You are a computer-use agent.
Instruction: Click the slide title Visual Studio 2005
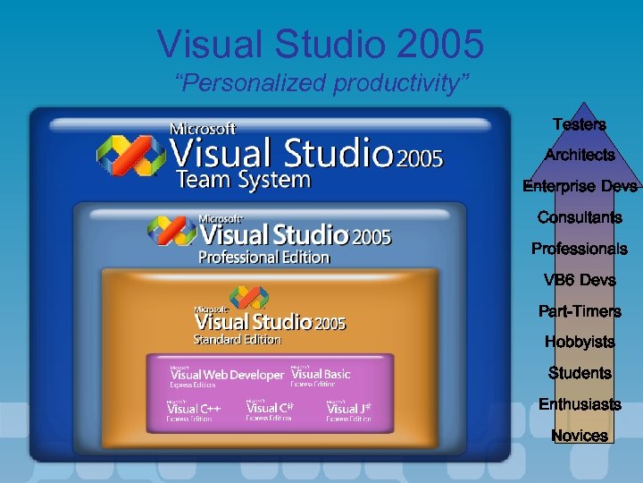click(321, 43)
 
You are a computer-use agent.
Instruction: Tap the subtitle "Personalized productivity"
click(321, 83)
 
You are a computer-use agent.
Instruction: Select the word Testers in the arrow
click(579, 124)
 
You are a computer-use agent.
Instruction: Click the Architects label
click(580, 155)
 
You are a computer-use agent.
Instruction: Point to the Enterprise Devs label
click(580, 186)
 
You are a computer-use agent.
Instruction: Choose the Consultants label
click(580, 217)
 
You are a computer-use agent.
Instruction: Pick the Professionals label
click(580, 249)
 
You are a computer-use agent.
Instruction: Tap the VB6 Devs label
click(580, 280)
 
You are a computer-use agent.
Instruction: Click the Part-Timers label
click(580, 311)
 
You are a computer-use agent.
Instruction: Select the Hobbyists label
click(580, 342)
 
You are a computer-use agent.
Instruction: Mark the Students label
click(580, 373)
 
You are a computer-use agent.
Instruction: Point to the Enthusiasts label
click(580, 404)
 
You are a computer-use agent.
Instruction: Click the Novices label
click(580, 436)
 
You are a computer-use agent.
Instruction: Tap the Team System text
click(243, 180)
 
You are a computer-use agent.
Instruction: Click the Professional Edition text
click(263, 258)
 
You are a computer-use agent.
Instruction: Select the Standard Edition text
click(238, 340)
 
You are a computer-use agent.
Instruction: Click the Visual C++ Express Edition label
click(194, 411)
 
